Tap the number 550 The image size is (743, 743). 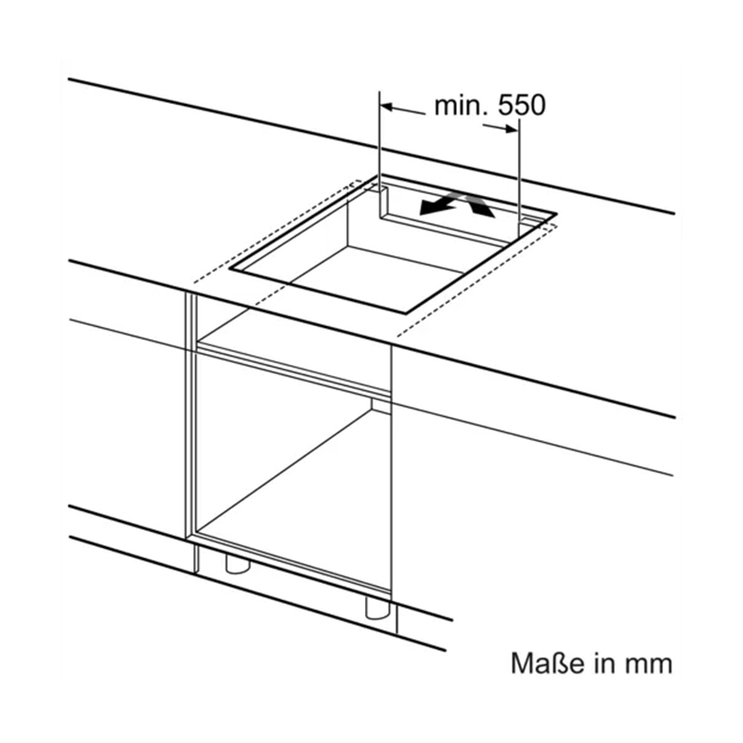(x=522, y=106)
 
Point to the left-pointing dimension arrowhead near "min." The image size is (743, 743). (x=387, y=107)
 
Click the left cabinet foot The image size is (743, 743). (x=237, y=563)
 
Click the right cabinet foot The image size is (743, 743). (x=378, y=607)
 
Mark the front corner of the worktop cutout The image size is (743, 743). (x=406, y=313)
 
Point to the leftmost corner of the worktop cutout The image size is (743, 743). (x=230, y=268)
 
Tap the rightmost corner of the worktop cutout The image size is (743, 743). (x=555, y=215)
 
